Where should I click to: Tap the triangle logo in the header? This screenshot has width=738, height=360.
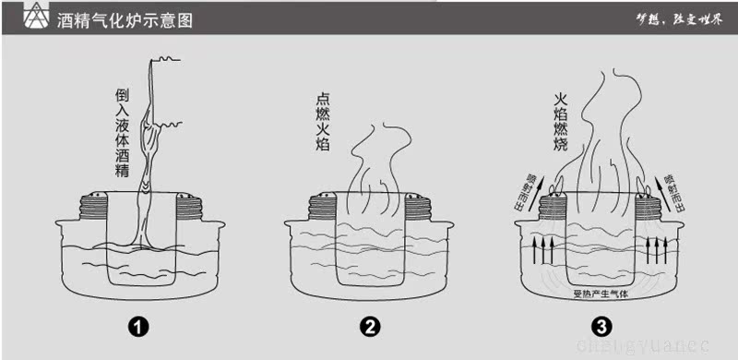[35, 18]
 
